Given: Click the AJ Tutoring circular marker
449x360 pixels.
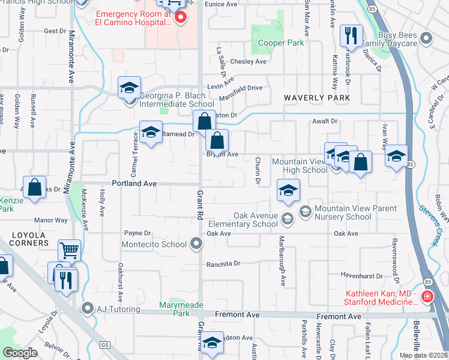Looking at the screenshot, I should tap(88, 310).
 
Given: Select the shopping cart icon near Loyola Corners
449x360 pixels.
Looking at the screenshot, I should tap(70, 250).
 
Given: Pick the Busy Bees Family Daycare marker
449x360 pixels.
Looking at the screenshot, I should tap(427, 40).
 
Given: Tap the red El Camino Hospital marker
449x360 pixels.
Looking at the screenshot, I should tap(179, 19).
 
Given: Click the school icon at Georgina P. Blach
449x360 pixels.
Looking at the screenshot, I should tap(129, 88).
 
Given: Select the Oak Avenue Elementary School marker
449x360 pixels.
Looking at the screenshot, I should tap(288, 219).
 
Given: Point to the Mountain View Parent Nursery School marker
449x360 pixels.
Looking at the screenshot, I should tap(305, 211).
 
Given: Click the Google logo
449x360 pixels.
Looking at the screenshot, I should tap(20, 353).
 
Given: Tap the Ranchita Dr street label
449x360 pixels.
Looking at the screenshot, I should tap(223, 263).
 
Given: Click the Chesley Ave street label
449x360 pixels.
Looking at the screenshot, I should tap(248, 61).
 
